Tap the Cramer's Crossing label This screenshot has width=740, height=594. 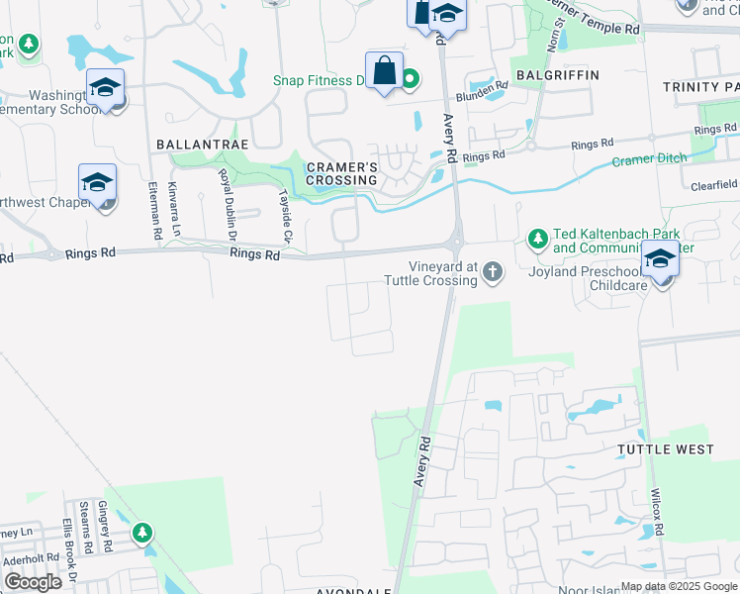pos(341,173)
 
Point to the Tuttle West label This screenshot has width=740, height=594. pos(665,449)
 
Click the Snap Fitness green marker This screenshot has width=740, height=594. pos(407,80)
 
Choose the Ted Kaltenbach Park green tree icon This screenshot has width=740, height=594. pos(537,239)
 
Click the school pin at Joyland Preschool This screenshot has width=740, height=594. pos(660,259)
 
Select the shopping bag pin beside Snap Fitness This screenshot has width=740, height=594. pos(384,71)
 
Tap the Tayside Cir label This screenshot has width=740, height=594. pos(287,217)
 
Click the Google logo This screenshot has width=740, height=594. pos(33,582)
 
